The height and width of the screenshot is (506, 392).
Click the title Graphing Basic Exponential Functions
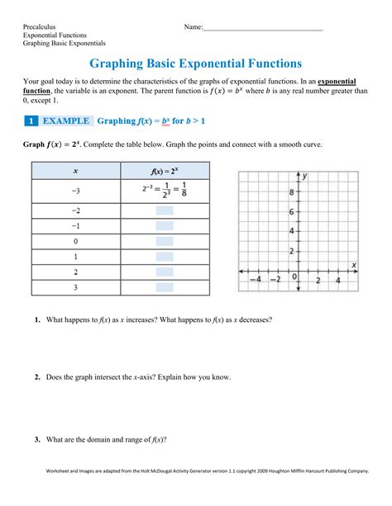pos(195,63)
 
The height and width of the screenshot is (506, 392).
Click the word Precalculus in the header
pos(40,27)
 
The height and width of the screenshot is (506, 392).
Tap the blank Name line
pos(262,29)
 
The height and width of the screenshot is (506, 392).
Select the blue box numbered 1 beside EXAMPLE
pos(31,121)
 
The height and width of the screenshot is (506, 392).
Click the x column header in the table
pos(76,171)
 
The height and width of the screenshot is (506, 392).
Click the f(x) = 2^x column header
pos(165,171)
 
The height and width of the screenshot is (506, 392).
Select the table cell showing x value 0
pos(76,241)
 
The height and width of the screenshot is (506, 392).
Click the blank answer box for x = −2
pos(165,211)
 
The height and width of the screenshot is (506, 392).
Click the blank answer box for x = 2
pos(165,272)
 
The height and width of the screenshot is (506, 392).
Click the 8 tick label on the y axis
pos(291,192)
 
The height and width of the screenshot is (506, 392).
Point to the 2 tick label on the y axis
pos(291,250)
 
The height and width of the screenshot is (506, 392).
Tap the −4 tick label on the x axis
pos(256,280)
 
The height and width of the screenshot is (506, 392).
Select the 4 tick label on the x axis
pos(337,280)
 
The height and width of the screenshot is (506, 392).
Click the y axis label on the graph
pos(305,176)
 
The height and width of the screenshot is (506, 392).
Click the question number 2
pos(38,377)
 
